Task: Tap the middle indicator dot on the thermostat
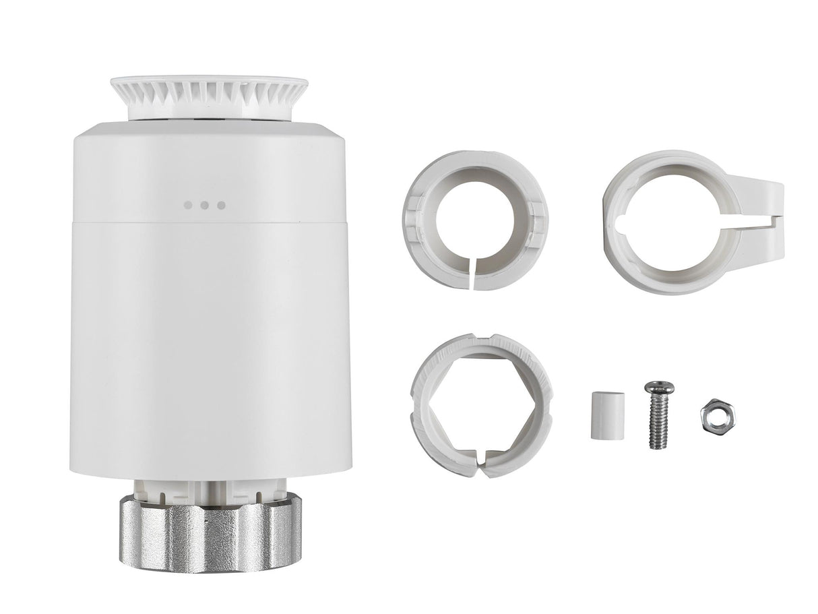[205, 205]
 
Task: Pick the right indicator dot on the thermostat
[220, 205]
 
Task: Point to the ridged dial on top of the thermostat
[209, 94]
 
